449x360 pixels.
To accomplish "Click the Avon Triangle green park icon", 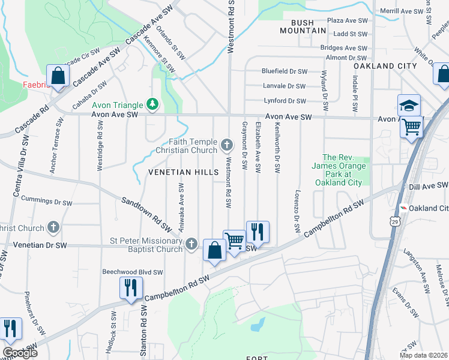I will pos(152,105).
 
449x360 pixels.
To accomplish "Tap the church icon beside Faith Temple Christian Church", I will pos(227,144).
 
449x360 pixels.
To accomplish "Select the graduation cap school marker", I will pos(409,106).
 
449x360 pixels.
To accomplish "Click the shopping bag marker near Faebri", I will pos(58,77).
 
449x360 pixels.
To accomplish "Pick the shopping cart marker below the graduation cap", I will pos(412,127).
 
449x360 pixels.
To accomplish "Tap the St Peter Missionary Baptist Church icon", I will pos(191,244).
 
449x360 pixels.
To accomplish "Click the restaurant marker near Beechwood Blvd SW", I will pos(129,287).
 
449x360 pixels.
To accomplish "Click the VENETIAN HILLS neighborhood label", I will pos(184,172).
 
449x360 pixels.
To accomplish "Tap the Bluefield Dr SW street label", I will pos(283,71).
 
